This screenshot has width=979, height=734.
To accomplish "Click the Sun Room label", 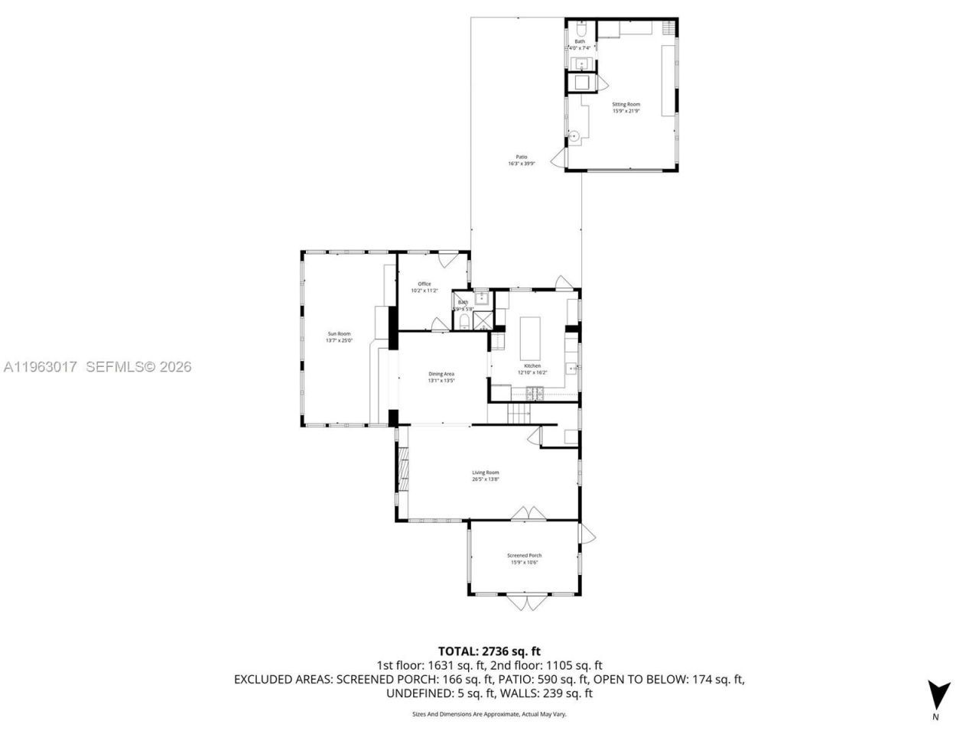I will (339, 333).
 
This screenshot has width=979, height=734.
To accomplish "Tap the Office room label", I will (424, 284).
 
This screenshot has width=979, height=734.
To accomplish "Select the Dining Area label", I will (441, 374).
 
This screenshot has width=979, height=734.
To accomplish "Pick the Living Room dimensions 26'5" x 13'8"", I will (485, 479).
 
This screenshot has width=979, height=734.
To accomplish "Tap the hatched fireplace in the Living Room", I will (402, 468).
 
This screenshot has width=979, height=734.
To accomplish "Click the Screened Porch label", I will (524, 556).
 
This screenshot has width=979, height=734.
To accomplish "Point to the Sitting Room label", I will (626, 104).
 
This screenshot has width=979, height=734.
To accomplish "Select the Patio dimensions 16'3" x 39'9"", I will (522, 164).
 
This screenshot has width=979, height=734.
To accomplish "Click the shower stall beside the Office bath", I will (483, 319).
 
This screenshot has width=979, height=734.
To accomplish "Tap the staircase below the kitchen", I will (519, 414).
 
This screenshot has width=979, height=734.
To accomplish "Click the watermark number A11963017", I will (40, 367).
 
